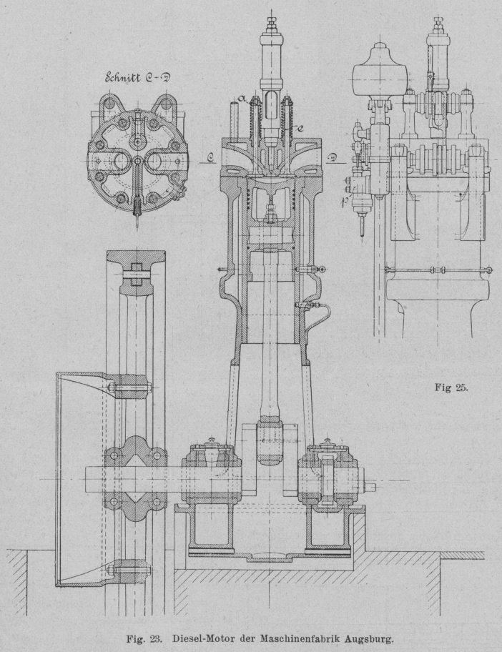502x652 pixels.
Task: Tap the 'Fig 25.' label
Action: (451, 388)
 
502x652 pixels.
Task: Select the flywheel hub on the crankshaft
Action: (135, 473)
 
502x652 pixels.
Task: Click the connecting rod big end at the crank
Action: (271, 438)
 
